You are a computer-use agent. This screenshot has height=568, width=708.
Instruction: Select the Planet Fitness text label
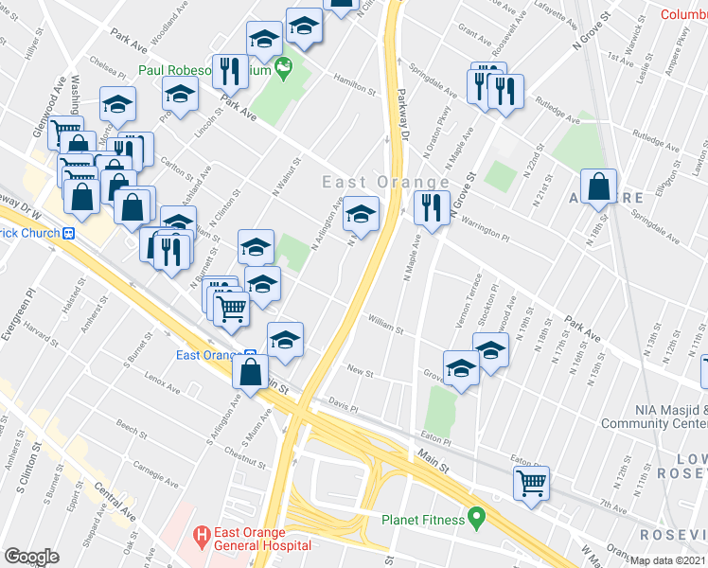click(x=423, y=520)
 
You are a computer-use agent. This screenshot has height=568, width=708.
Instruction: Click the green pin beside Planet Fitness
click(x=476, y=519)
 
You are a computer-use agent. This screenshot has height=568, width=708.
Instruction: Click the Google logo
click(x=31, y=557)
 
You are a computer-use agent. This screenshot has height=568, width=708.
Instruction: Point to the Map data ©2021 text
click(x=668, y=560)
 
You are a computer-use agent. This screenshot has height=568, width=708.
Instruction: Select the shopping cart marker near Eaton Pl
click(x=532, y=483)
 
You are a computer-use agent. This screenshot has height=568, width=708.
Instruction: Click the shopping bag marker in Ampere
click(x=599, y=187)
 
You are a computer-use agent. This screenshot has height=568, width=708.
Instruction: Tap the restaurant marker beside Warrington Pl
click(x=432, y=208)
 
